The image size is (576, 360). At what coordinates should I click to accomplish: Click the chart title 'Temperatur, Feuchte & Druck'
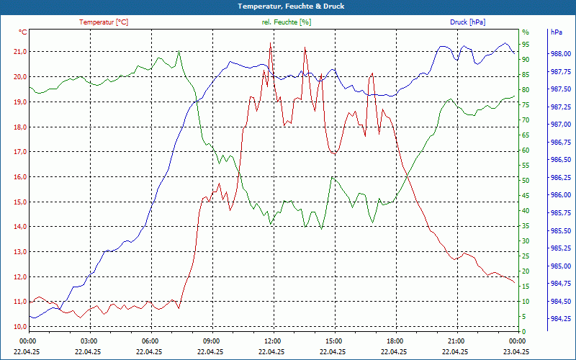pyautogui.click(x=288, y=6)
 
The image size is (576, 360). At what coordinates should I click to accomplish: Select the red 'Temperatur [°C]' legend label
pyautogui.click(x=104, y=22)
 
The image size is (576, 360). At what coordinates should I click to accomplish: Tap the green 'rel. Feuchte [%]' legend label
pyautogui.click(x=287, y=22)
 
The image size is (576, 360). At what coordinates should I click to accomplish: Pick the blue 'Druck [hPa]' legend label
pyautogui.click(x=467, y=22)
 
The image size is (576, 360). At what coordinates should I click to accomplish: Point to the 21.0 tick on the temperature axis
pyautogui.click(x=19, y=52)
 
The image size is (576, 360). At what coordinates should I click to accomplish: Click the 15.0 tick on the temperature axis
pyautogui.click(x=19, y=202)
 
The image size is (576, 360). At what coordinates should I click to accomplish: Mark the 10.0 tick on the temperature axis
pyautogui.click(x=19, y=327)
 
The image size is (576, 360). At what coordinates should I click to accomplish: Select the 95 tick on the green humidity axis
pyautogui.click(x=526, y=44)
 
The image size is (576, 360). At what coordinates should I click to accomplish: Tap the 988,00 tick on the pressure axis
pyautogui.click(x=561, y=54)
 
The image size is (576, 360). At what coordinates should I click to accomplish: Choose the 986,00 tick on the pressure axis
pyautogui.click(x=561, y=195)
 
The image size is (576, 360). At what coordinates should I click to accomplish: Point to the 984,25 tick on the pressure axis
pyautogui.click(x=561, y=319)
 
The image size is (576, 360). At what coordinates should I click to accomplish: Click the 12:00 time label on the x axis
pyautogui.click(x=272, y=341)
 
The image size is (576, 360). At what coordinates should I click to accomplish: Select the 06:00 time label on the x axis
pyautogui.click(x=150, y=341)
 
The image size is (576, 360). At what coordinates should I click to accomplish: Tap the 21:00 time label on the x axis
pyautogui.click(x=456, y=341)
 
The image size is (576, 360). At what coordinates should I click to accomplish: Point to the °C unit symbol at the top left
pyautogui.click(x=23, y=32)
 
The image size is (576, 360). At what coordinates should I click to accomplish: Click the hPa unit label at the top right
pyautogui.click(x=557, y=32)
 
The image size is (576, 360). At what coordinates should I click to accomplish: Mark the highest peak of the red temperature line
pyautogui.click(x=270, y=43)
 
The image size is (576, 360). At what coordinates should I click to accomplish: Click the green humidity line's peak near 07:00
pyautogui.click(x=179, y=51)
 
